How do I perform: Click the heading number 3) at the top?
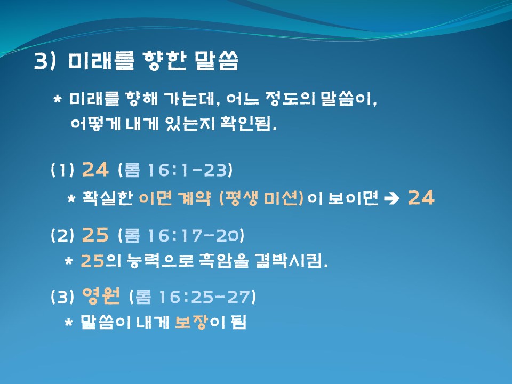pos(45,61)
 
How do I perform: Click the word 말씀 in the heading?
pos(217,61)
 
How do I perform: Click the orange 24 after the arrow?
pos(421,197)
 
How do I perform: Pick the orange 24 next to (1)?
pos(95,170)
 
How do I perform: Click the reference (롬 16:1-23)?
pos(175,170)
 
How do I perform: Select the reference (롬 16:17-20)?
pos(181,235)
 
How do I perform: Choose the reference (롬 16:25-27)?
pos(193,297)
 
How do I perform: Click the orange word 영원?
pos(101,296)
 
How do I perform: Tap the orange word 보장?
pos(191,322)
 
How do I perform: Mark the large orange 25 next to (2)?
pos(95,235)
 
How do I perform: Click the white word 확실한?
pos(107,198)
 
